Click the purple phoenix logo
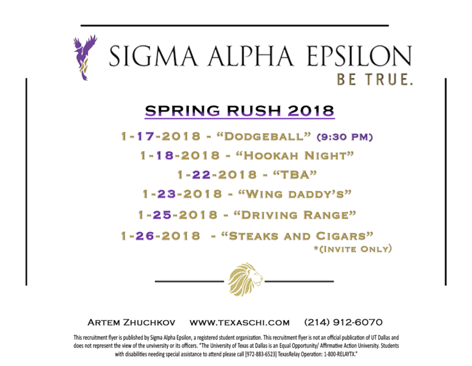tap(85, 58)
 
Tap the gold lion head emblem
tap(245, 279)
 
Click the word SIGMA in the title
tap(153, 56)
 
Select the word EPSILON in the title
tap(359, 56)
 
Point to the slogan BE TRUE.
tap(375, 80)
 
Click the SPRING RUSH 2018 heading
tap(240, 111)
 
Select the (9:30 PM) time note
tap(345, 137)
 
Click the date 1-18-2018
tap(180, 156)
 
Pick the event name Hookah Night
tap(295, 156)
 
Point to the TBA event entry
tap(295, 174)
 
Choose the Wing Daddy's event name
tap(295, 194)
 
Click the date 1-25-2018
tap(177, 215)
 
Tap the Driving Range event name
tap(295, 215)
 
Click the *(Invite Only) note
tap(353, 249)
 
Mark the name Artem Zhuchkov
tap(131, 323)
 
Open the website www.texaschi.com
tap(240, 323)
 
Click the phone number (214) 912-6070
tap(343, 322)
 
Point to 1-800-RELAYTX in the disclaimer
tap(340, 355)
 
